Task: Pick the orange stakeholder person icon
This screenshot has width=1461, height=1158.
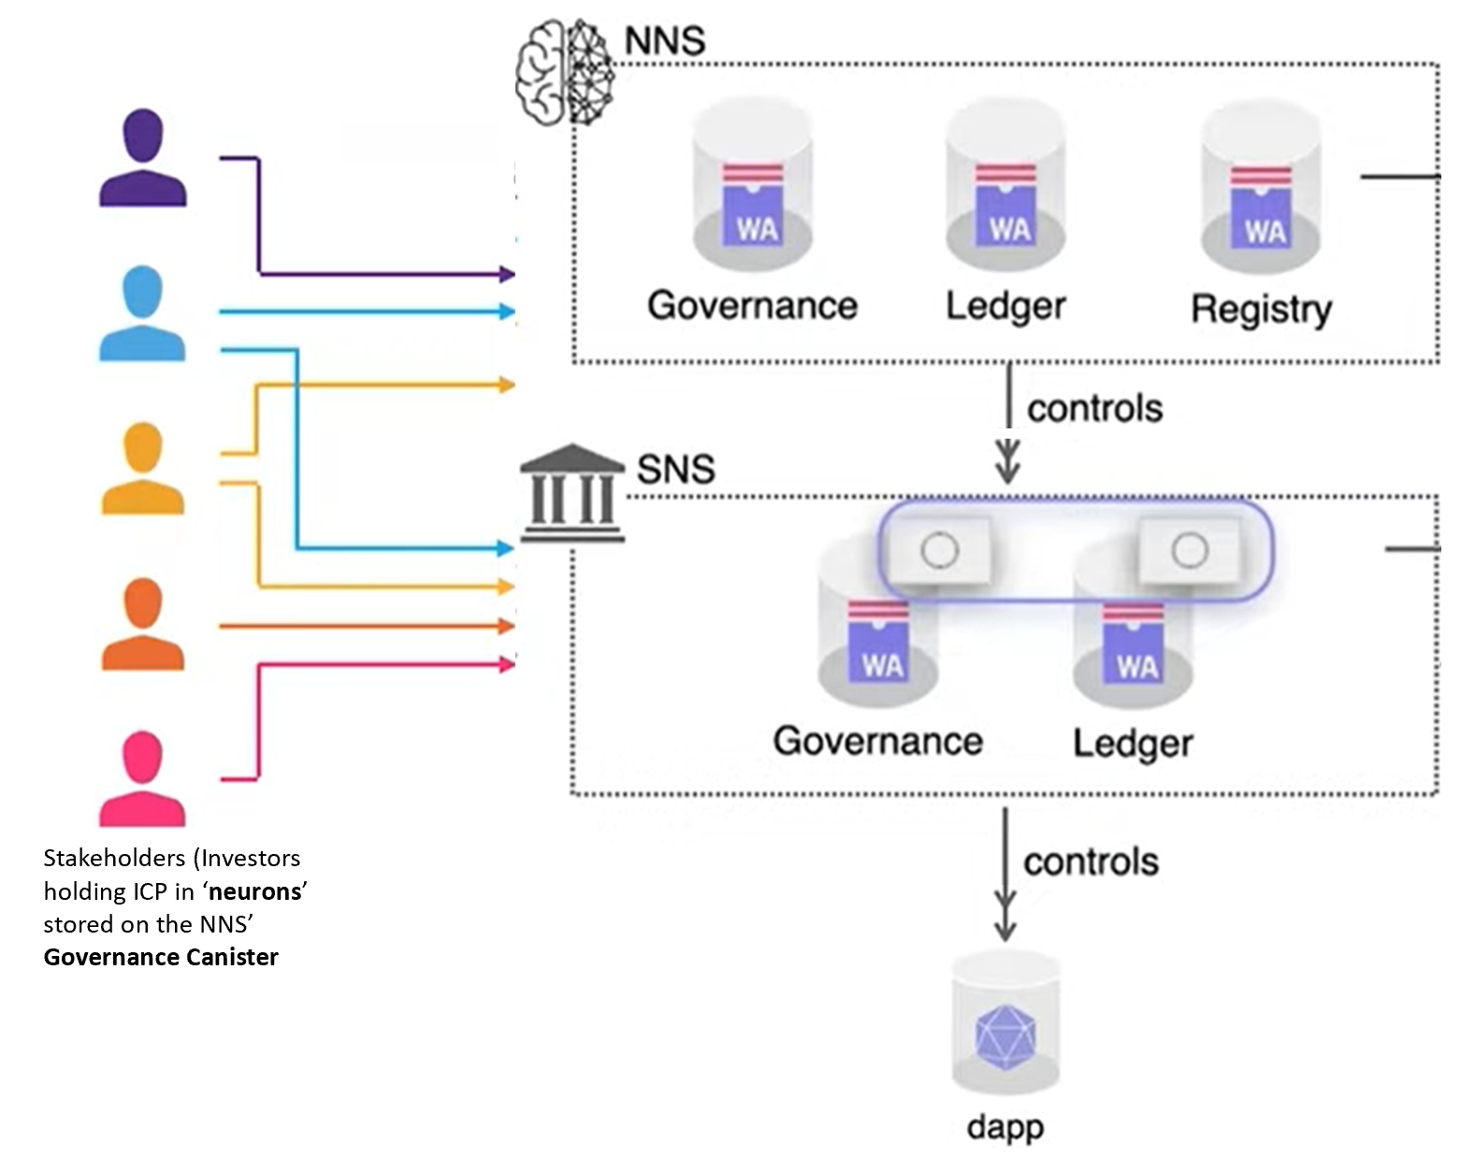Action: click(142, 624)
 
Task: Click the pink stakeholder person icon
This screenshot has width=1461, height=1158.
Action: click(142, 779)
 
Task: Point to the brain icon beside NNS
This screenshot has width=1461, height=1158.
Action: click(564, 71)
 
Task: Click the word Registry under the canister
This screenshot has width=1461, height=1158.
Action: click(1261, 310)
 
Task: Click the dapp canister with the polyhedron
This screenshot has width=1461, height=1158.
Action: click(1005, 1025)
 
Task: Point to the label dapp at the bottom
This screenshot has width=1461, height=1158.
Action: click(1005, 1126)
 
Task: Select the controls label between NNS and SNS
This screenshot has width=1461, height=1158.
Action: click(1094, 409)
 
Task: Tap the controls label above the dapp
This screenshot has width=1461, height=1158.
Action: click(1091, 861)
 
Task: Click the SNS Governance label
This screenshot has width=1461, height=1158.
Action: click(877, 741)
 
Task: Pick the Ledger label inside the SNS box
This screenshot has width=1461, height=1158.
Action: click(1132, 744)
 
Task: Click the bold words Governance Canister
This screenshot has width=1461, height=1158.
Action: click(161, 957)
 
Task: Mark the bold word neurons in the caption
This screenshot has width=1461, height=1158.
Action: click(255, 891)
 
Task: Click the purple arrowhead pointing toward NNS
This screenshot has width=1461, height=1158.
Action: click(508, 274)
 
